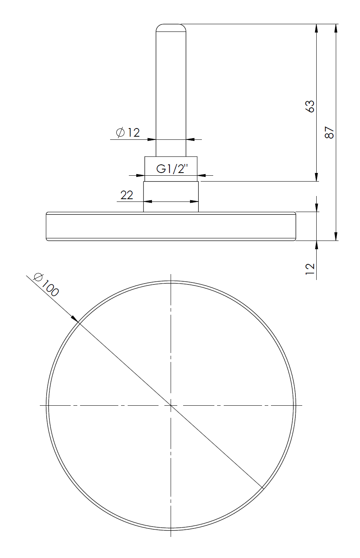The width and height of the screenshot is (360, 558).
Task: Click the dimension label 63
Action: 310,106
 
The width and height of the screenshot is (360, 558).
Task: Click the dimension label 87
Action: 330,132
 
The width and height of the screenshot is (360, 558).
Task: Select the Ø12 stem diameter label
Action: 128,133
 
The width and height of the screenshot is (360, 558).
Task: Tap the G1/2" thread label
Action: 172,169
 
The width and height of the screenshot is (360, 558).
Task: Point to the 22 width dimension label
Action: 127,195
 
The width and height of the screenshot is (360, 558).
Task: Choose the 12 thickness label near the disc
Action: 310,269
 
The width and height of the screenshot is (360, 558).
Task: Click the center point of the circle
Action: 171,406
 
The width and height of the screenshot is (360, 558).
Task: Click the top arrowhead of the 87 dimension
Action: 336,28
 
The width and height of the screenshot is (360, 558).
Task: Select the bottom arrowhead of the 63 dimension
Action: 316,177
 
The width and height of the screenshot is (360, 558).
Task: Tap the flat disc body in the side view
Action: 171,226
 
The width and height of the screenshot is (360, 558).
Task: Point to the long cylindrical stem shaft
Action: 171,90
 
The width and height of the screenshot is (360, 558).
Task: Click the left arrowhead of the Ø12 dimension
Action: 152,139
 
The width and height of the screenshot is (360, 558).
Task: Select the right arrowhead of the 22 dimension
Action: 194,201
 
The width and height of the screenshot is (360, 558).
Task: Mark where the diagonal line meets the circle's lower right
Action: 262,488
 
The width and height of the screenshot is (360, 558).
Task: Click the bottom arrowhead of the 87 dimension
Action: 336,237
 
